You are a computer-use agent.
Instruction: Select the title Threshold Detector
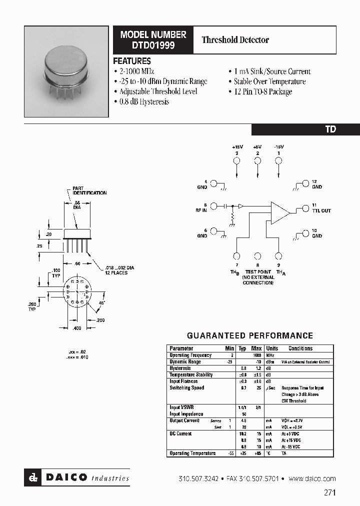coord(235,39)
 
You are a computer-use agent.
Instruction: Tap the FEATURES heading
coord(132,61)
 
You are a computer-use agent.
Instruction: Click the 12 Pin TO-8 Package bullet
coord(262,91)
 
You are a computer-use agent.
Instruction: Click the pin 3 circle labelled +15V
coord(237,160)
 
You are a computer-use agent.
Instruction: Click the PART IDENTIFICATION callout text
coord(89,190)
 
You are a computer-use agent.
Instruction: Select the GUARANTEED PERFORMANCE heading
coord(249,335)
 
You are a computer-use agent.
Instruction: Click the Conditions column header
coord(300,348)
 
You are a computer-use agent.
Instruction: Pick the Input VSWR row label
coord(182,407)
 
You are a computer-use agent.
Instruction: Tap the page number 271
coord(329,492)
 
